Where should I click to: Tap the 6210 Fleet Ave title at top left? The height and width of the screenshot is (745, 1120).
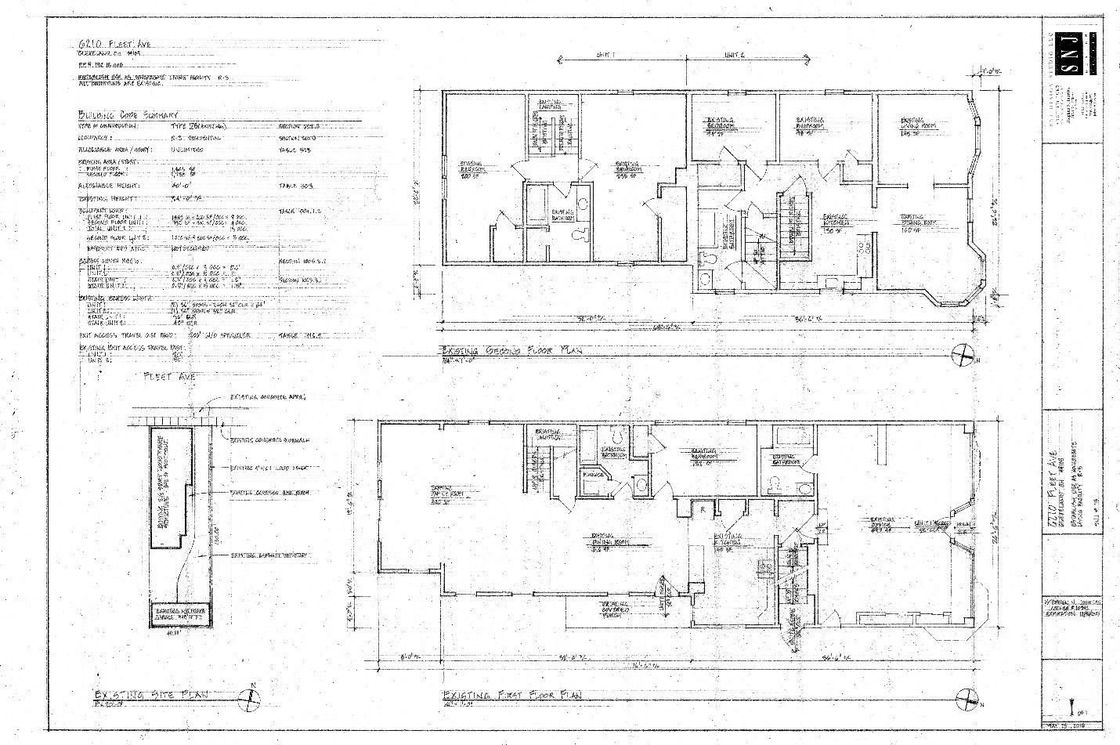click(110, 44)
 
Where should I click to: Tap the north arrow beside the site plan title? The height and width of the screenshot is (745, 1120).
click(253, 696)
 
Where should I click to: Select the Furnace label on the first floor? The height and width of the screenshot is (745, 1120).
click(593, 476)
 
